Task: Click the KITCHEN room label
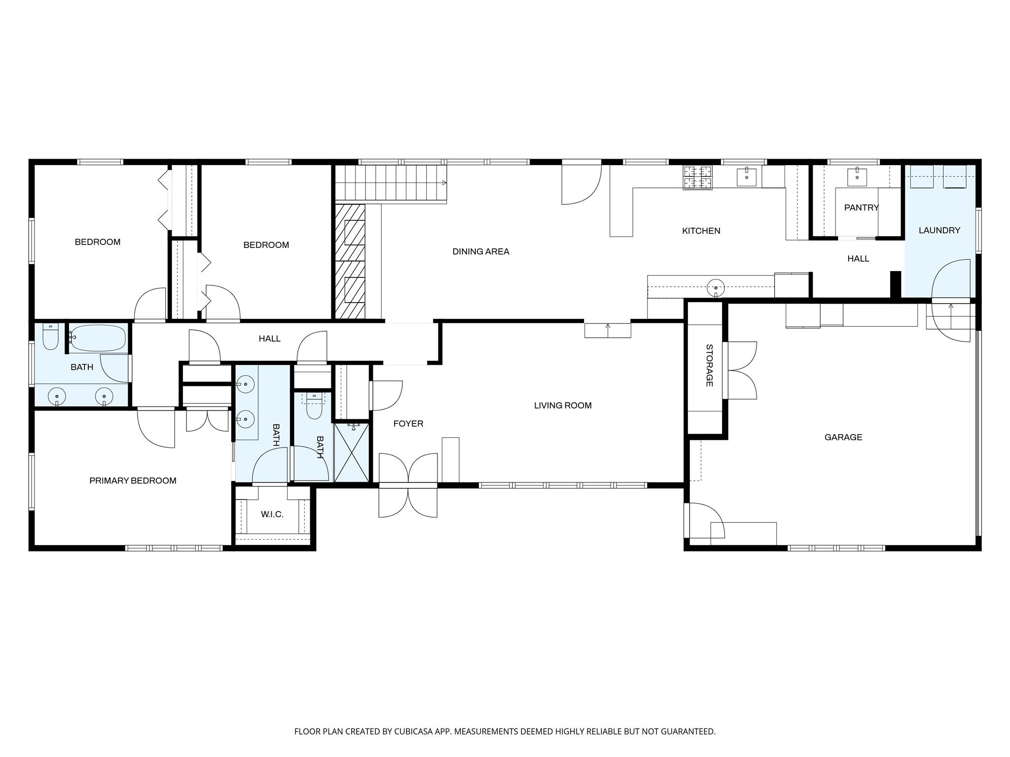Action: coord(701,231)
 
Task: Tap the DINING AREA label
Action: coord(480,251)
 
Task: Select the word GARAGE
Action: coord(843,437)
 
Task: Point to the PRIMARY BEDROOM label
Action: coord(133,481)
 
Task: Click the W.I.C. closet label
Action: coord(272,515)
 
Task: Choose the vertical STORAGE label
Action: coord(709,365)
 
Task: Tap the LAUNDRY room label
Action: coord(939,230)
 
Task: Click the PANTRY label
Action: coord(861,207)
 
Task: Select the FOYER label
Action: coord(408,423)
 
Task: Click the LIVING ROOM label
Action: coord(562,406)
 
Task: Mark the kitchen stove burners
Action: coord(698,177)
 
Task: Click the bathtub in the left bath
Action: coord(97,338)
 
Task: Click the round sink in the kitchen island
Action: coord(716,287)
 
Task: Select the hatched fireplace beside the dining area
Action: coord(350,261)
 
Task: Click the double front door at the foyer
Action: coord(408,485)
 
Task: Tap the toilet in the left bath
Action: coord(50,337)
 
